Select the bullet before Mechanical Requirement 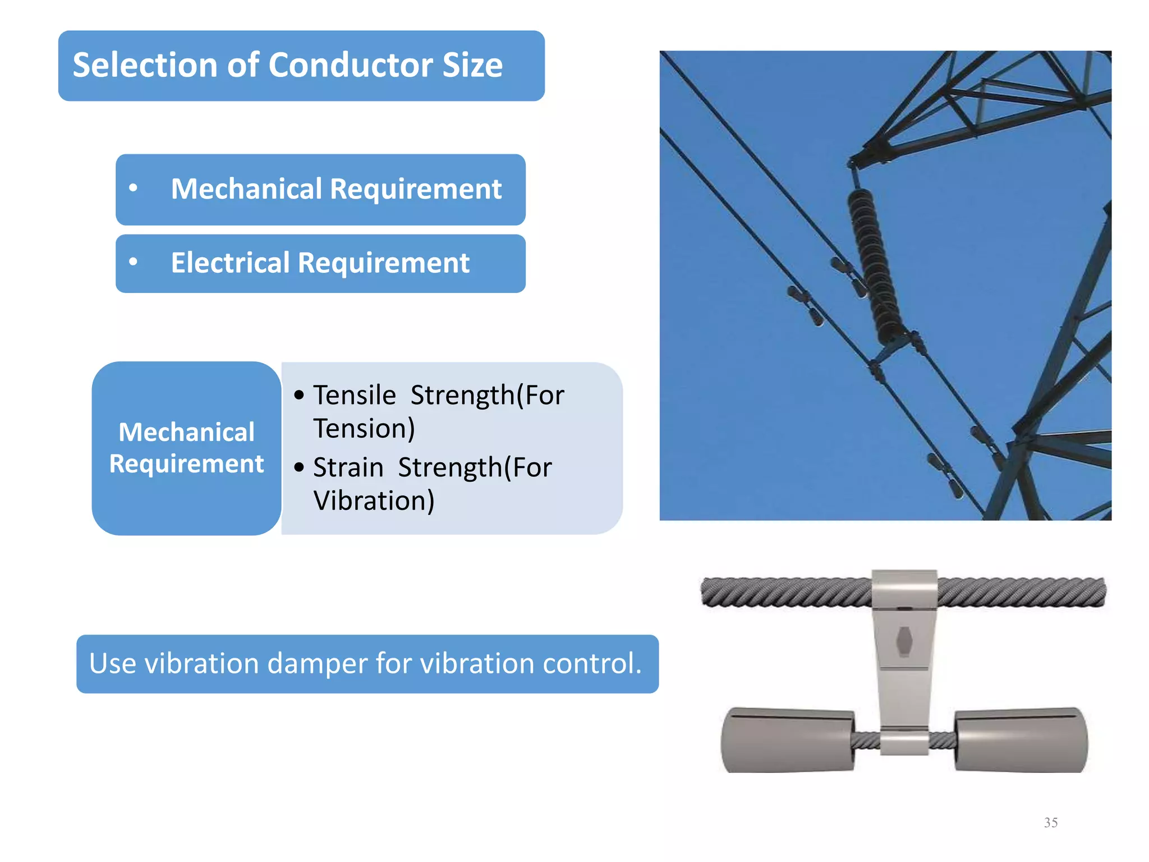pos(133,188)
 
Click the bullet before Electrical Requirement pos(133,262)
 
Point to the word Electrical pos(230,263)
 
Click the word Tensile pos(355,395)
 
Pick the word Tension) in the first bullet pos(364,429)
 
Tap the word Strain pos(348,467)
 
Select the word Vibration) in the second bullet pos(374,501)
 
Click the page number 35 pos(1051,823)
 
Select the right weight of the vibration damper pos(1021,740)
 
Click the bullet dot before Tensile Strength pos(299,395)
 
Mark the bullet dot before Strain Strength pos(299,467)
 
